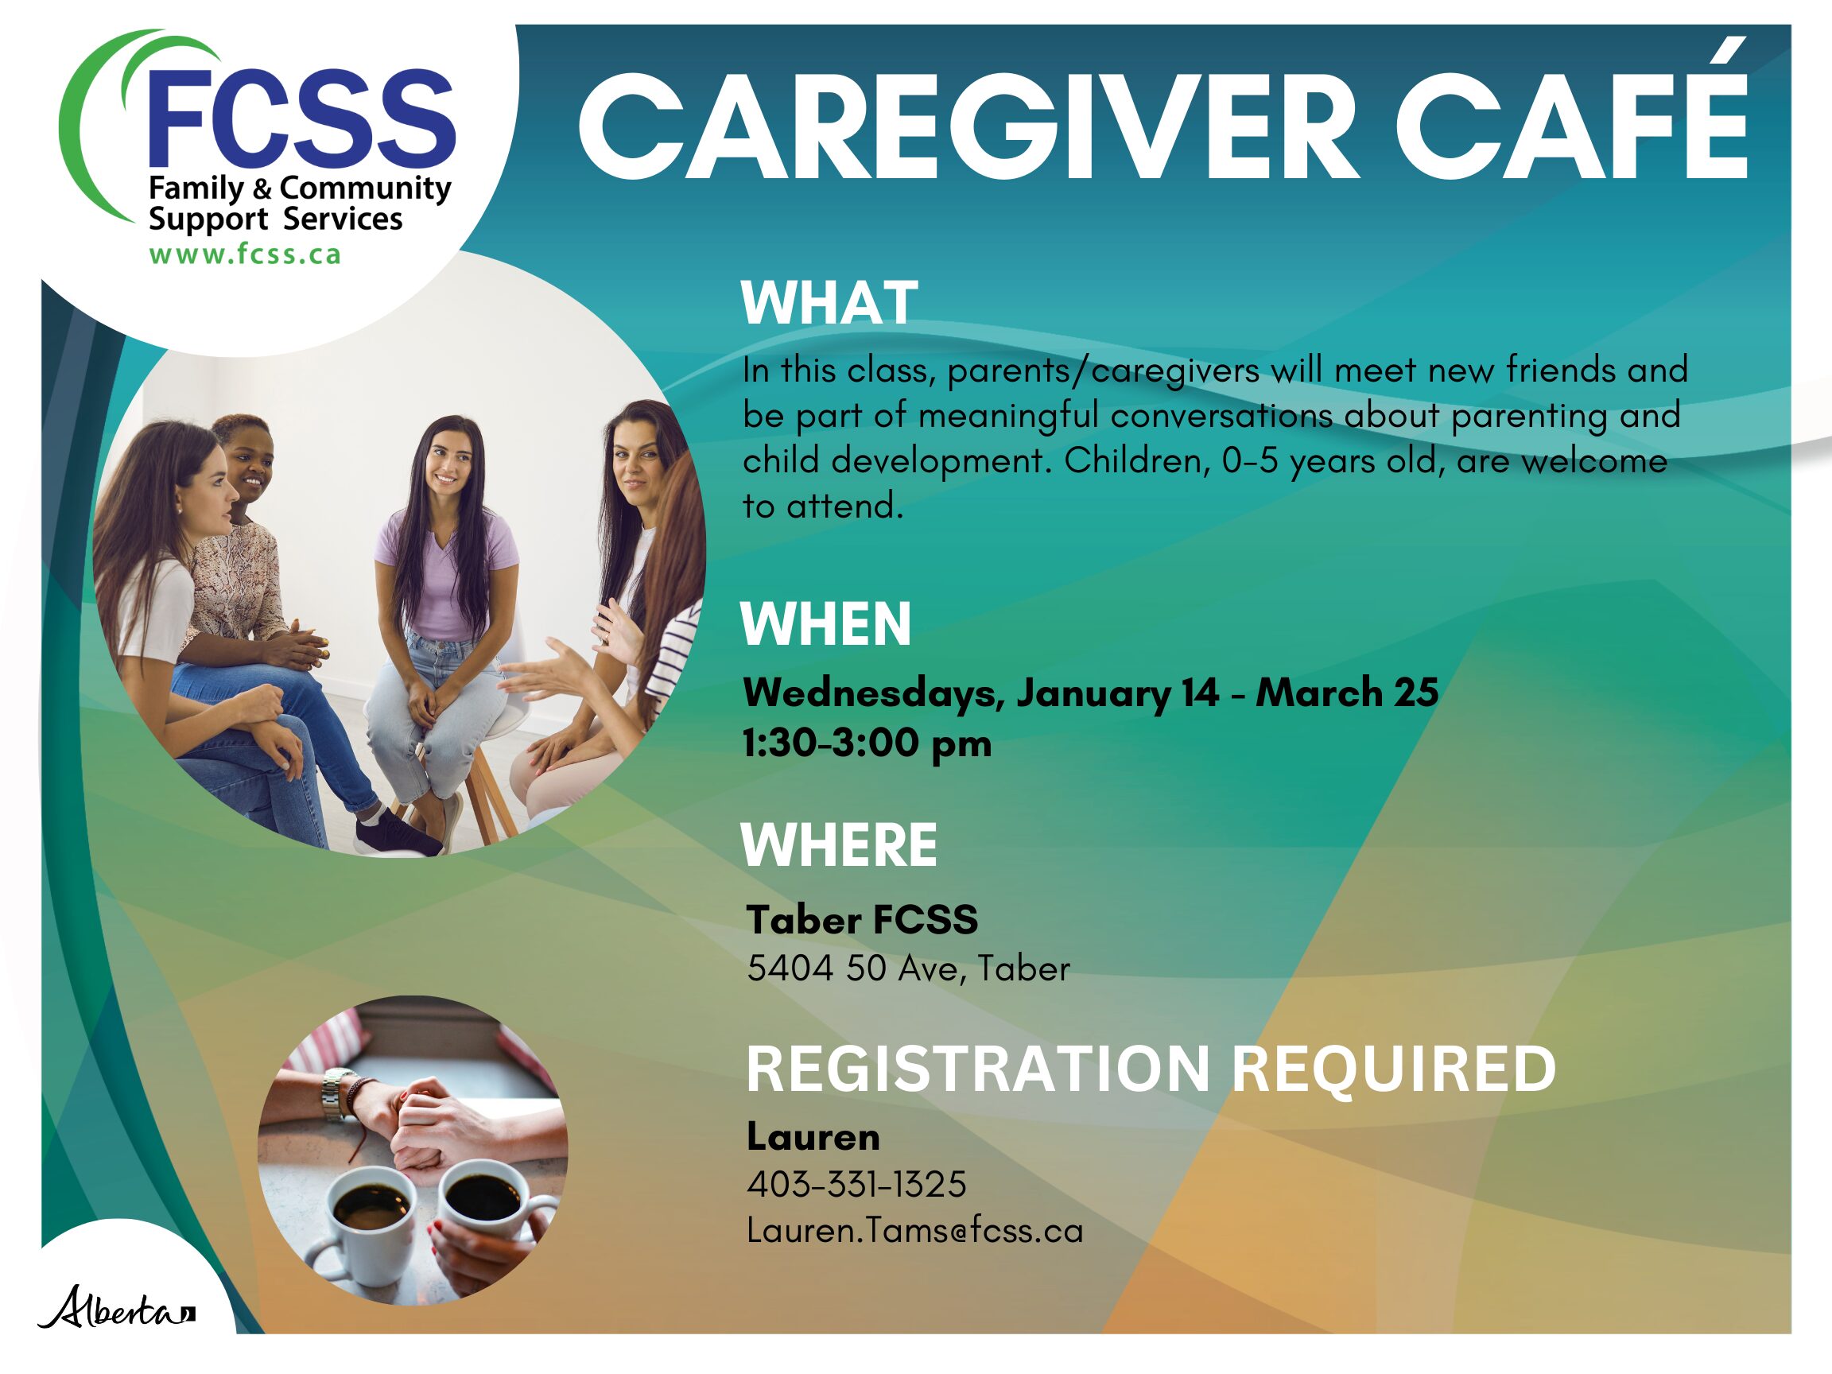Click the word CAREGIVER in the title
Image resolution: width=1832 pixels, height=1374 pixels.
point(969,126)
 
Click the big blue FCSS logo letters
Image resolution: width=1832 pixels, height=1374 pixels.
point(303,117)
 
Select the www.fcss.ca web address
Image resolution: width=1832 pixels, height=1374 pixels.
point(245,254)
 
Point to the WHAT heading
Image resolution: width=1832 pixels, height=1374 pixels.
point(829,303)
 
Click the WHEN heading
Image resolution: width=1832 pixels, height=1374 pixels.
point(825,623)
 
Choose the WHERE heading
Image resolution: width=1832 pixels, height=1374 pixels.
point(839,844)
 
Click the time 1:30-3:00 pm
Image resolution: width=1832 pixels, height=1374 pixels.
point(867,743)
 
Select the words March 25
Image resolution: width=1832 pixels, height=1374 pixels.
point(1348,693)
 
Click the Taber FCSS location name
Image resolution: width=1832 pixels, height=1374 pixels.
point(862,920)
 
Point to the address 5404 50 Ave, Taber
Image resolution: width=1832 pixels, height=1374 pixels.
point(909,969)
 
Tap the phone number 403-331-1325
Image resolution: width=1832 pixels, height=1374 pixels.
point(856,1184)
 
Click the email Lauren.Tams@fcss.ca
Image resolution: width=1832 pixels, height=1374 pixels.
point(915,1231)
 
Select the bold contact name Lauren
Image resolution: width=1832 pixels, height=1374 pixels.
point(813,1136)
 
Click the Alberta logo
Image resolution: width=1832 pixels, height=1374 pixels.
point(116,1308)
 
